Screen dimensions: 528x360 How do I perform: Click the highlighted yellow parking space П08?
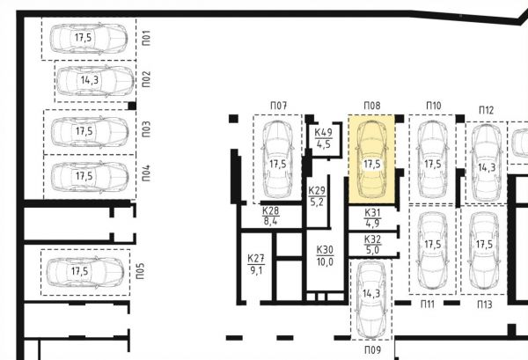(x=371, y=159)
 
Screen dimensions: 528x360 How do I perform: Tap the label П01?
(x=146, y=38)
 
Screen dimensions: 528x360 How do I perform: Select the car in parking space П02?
(x=95, y=81)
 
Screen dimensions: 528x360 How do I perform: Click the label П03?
(x=146, y=129)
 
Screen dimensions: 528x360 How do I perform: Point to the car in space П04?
(x=90, y=176)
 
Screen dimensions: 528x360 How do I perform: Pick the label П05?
(x=141, y=271)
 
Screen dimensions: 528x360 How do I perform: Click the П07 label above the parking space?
(x=278, y=106)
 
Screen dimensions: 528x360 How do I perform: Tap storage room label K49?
(x=323, y=132)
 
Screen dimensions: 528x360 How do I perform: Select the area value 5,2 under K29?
(x=317, y=202)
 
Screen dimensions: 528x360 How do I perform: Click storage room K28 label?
(x=271, y=211)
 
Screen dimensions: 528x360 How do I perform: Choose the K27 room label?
(x=256, y=259)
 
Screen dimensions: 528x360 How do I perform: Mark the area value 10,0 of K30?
(x=325, y=261)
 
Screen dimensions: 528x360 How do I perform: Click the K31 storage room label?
(x=372, y=213)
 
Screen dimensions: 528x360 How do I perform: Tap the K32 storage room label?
(x=372, y=239)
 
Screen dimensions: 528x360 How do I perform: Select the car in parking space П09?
(x=371, y=300)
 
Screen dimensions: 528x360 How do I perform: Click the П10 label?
(x=433, y=106)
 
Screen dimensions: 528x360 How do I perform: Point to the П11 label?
(x=428, y=305)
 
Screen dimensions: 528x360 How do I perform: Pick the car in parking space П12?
(x=486, y=163)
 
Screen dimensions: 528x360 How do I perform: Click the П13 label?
(x=485, y=305)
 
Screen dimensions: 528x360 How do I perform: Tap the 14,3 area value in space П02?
(x=90, y=80)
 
